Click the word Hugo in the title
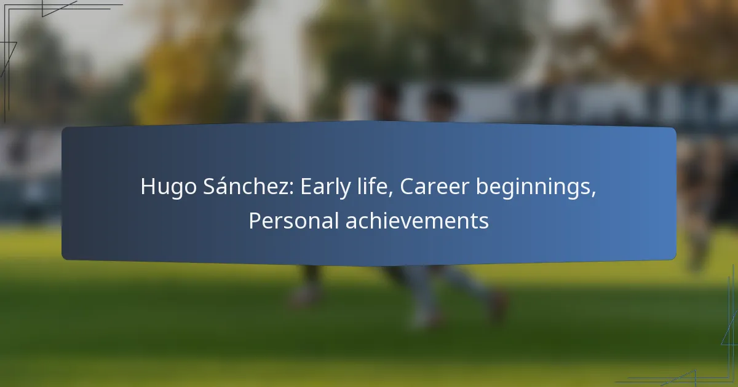169,187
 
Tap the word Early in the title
325,187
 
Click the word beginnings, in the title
536,187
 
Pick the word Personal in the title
293,221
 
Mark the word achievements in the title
417,221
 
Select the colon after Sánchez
291,189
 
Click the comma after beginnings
593,195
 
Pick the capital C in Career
407,187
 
